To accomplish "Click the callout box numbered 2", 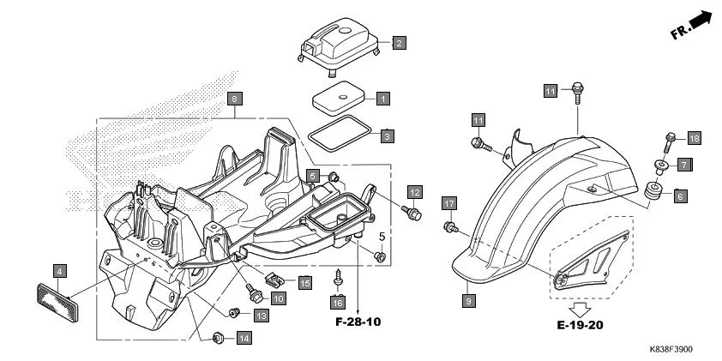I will click(x=400, y=42).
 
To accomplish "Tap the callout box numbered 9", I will click(x=468, y=301).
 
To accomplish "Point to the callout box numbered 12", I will click(x=414, y=191).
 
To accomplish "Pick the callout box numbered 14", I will click(x=244, y=338).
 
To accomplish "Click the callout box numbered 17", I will click(x=448, y=203).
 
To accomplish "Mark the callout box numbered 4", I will click(x=59, y=272).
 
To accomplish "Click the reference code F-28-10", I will click(x=358, y=322).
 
